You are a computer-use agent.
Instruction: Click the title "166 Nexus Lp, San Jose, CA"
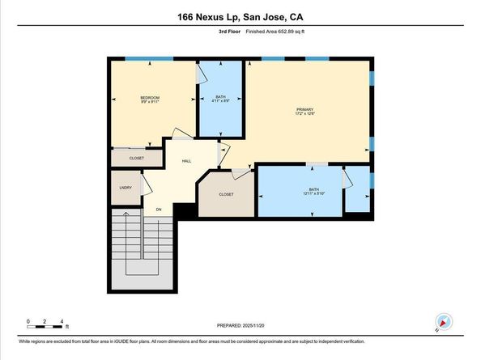pos(240,17)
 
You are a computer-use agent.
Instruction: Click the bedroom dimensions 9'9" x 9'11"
pos(149,101)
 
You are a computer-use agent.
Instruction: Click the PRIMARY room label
pos(304,109)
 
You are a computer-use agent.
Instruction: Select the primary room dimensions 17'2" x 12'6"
pos(304,115)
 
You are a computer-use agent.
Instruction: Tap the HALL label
pos(186,162)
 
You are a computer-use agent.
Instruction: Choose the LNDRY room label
pos(126,187)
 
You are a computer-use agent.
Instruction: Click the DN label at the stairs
pos(159,210)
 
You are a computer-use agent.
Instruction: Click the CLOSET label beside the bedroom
pos(136,158)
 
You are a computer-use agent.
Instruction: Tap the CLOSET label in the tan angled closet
pos(226,194)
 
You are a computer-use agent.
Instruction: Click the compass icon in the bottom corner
pos(442,321)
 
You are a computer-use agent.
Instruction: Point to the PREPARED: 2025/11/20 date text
pos(240,326)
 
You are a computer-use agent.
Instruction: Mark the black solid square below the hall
pos(185,210)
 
